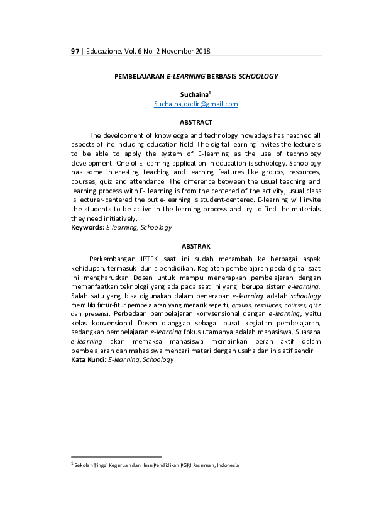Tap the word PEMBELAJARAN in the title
(139, 76)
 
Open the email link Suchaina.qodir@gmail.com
(195, 104)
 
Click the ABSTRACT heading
(195, 122)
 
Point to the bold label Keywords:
(88, 227)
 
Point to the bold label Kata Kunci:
(89, 359)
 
